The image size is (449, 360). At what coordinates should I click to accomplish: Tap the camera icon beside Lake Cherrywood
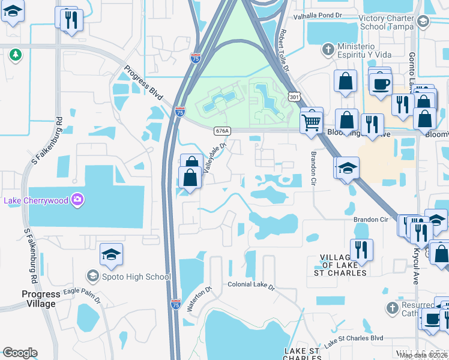77,200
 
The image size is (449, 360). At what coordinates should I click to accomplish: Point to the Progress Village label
41,299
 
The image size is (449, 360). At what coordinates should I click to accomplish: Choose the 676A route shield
221,130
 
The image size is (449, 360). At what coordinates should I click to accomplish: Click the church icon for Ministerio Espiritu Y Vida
328,48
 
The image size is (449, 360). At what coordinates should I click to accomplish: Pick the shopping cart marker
312,121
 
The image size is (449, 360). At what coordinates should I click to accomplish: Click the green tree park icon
15,55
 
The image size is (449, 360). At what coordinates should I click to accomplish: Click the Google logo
20,353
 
